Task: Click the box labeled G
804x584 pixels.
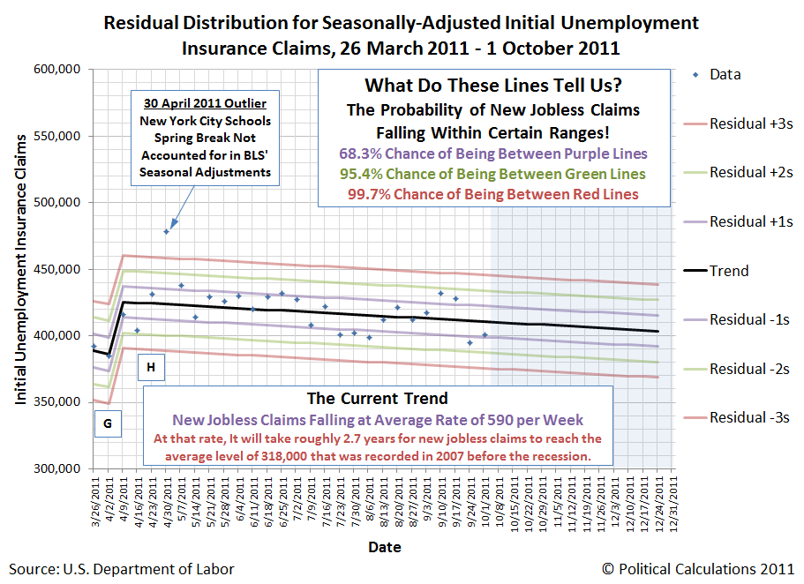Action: click(x=108, y=424)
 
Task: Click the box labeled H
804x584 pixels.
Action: click(x=151, y=366)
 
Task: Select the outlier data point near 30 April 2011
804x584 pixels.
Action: click(x=166, y=231)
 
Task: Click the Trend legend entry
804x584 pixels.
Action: click(x=728, y=271)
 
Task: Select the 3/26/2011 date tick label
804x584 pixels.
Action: click(x=94, y=501)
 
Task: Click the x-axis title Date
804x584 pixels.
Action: click(x=384, y=547)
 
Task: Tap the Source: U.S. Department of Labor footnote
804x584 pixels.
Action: click(x=122, y=569)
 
